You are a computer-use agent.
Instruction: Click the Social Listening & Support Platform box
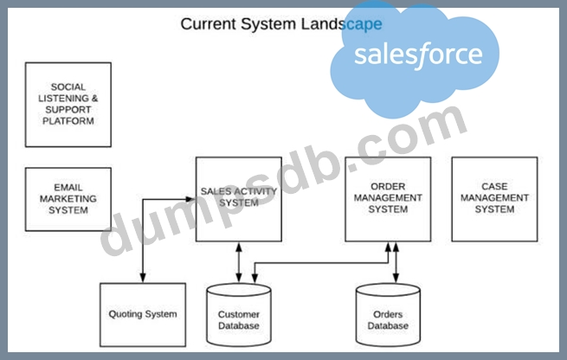[68, 104]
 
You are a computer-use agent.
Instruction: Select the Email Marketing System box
[68, 199]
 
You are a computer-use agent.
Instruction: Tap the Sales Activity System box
[238, 198]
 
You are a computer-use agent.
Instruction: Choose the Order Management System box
[388, 198]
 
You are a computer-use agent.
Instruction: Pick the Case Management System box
[494, 198]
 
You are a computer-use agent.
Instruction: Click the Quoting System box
[143, 314]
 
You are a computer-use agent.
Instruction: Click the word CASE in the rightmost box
[494, 186]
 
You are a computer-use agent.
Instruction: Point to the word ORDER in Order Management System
[388, 186]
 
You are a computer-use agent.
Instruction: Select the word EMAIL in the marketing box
[68, 187]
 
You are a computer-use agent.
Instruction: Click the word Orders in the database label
[388, 314]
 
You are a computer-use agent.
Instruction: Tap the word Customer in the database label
[238, 314]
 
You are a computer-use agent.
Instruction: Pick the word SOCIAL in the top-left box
[68, 87]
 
